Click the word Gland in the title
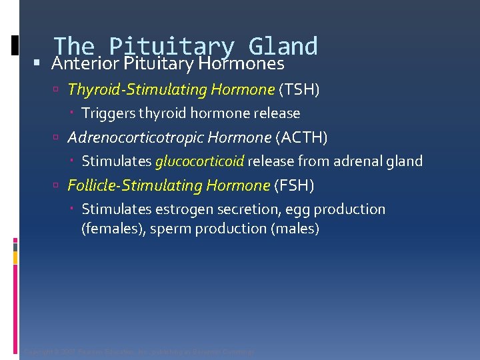[x=283, y=45]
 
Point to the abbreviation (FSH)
[x=294, y=185]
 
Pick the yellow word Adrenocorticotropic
[x=135, y=137]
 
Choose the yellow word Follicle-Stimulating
[x=135, y=185]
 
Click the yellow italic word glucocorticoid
[x=200, y=161]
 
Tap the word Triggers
[x=108, y=113]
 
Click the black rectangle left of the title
[x=15, y=45]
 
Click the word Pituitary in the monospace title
[x=171, y=45]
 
